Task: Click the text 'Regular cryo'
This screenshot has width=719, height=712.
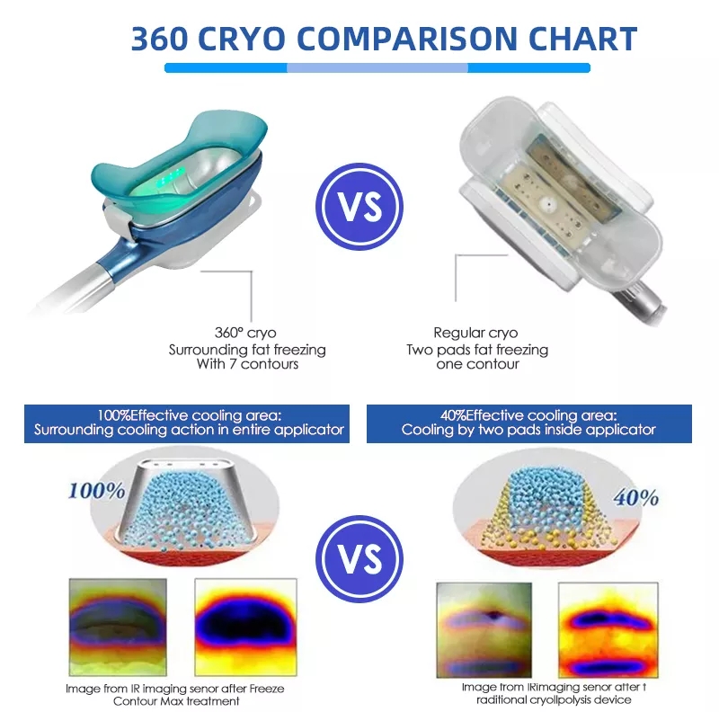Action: click(x=475, y=333)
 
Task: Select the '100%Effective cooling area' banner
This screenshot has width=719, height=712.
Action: click(x=189, y=423)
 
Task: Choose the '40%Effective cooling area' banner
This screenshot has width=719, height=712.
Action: click(x=529, y=423)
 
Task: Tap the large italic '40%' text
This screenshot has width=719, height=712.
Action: click(x=635, y=497)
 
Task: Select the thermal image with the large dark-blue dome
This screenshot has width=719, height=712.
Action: click(x=245, y=627)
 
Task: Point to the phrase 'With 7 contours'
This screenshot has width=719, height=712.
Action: click(x=247, y=365)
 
